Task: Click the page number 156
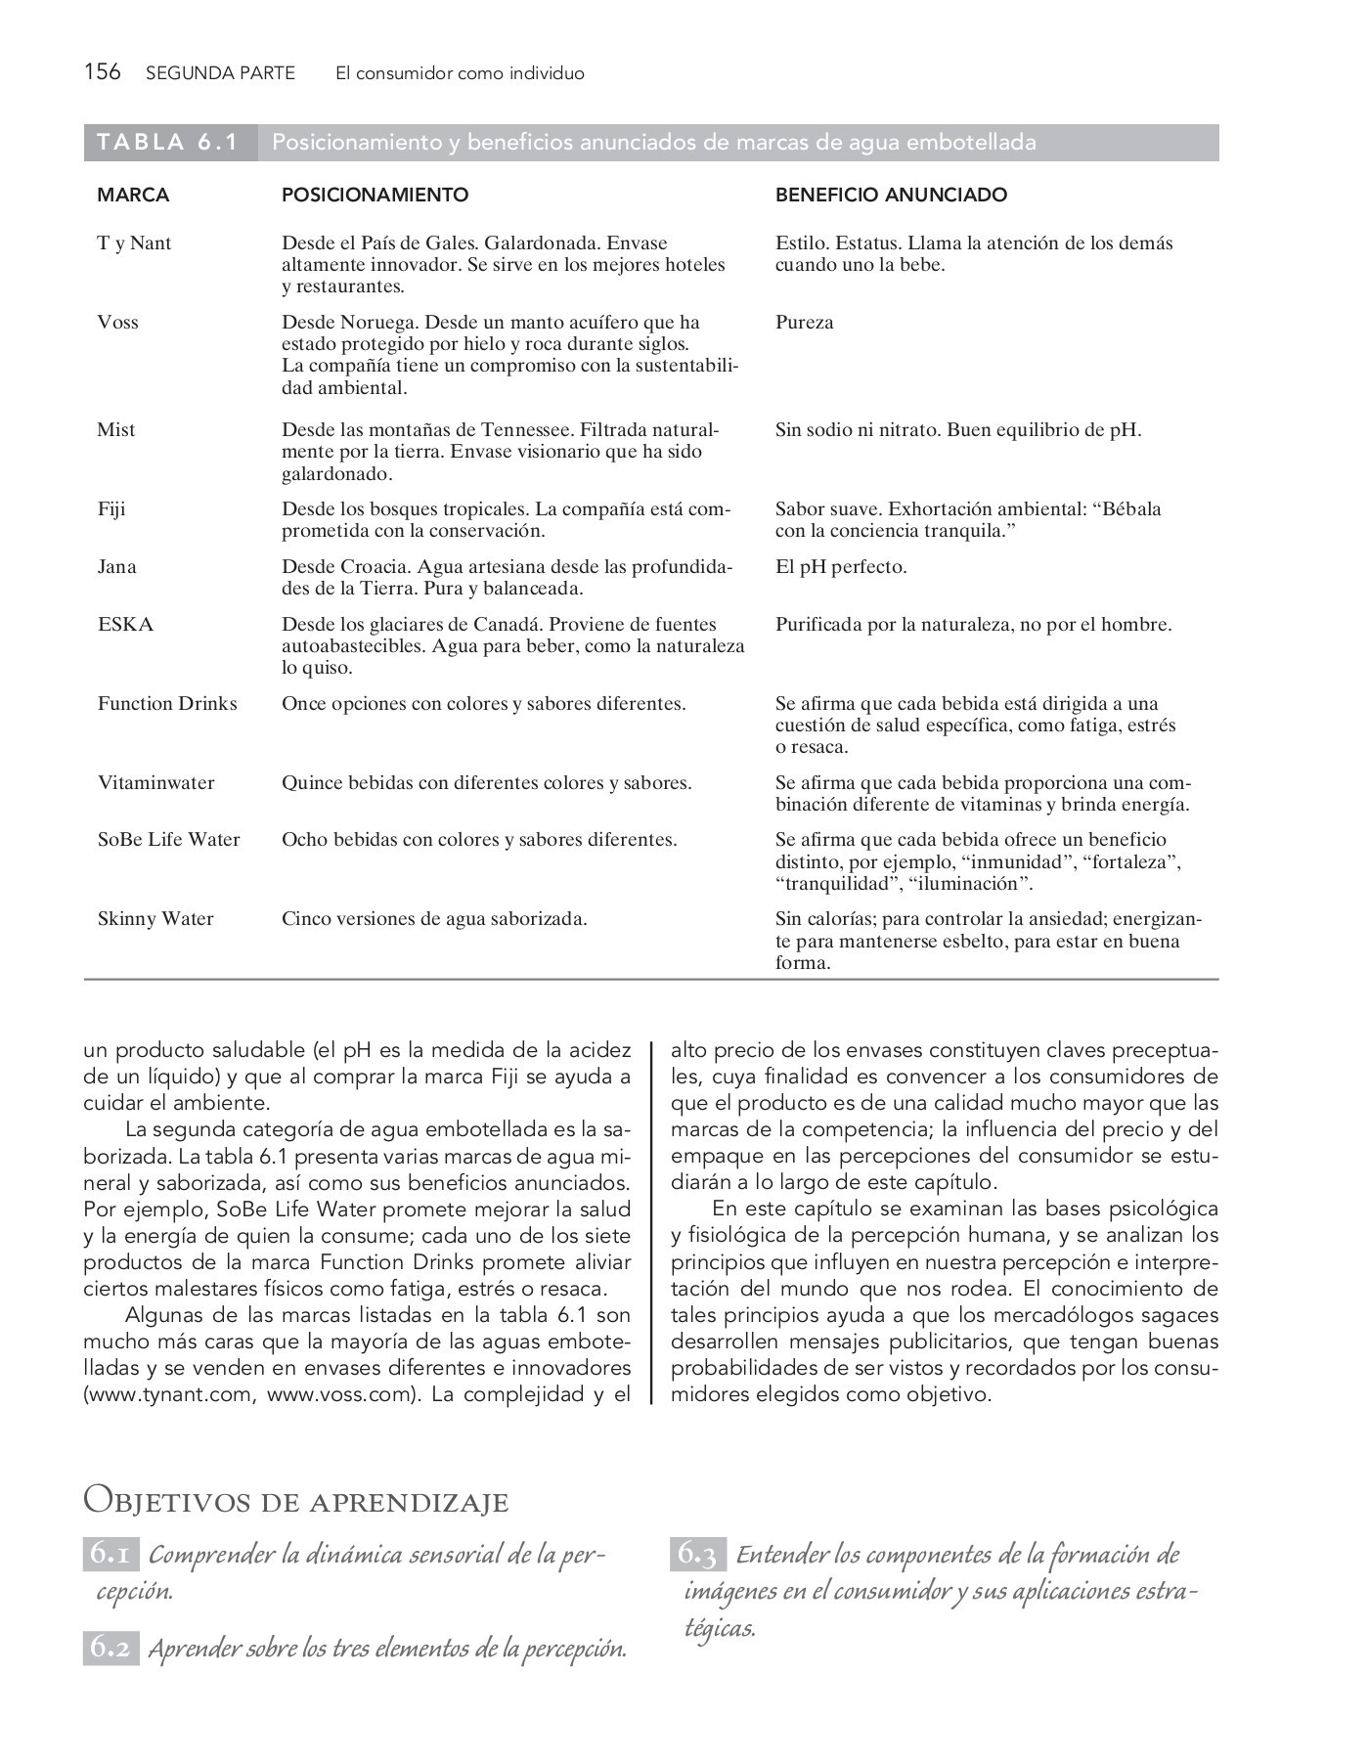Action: point(102,72)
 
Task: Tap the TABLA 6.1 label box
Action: point(168,143)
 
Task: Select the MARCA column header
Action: point(133,195)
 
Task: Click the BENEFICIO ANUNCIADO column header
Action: point(891,195)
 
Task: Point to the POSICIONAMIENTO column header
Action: point(375,195)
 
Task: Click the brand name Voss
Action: point(117,323)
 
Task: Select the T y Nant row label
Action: point(134,243)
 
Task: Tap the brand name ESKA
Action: point(125,625)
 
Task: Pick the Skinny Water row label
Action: point(155,919)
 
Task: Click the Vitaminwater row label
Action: point(155,783)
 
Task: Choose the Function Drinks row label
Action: point(167,704)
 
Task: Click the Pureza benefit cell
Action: point(804,323)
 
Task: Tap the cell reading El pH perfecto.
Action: point(841,567)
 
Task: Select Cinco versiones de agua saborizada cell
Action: point(434,919)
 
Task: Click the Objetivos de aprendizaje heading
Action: point(296,1500)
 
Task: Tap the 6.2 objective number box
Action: point(110,1648)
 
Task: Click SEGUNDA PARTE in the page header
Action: point(219,73)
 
